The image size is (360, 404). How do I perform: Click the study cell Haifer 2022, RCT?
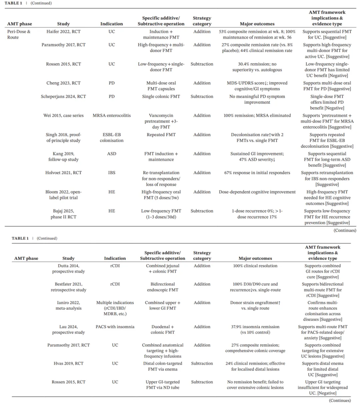tap(63, 32)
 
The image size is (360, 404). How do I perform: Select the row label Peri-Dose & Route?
tap(19, 34)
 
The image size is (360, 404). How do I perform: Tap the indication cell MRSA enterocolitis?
tap(112, 115)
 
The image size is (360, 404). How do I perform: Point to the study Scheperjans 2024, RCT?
tap(63, 96)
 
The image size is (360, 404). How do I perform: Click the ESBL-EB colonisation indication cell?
tap(112, 137)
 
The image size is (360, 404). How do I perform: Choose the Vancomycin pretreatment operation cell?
tap(161, 121)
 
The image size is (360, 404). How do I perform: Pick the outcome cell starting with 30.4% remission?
tap(257, 67)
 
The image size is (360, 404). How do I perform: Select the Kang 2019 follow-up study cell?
tap(63, 156)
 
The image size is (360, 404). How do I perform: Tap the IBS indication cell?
tap(112, 173)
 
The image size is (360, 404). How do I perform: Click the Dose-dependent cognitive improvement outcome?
tap(257, 192)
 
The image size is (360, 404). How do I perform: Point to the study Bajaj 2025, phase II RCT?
tap(63, 214)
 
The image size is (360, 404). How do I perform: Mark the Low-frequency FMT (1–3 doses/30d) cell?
tap(161, 214)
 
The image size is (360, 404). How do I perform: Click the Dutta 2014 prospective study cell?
tap(68, 269)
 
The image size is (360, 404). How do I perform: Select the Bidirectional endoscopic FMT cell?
tap(163, 287)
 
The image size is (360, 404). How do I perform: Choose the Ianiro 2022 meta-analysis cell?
tap(68, 305)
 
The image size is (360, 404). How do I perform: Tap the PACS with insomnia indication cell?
tap(115, 327)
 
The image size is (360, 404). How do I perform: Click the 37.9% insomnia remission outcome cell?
tap(255, 330)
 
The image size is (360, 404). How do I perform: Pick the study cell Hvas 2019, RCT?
tap(68, 364)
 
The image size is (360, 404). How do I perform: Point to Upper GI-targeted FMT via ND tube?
tap(163, 385)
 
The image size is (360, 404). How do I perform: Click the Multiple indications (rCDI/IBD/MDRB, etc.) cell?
tap(115, 308)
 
